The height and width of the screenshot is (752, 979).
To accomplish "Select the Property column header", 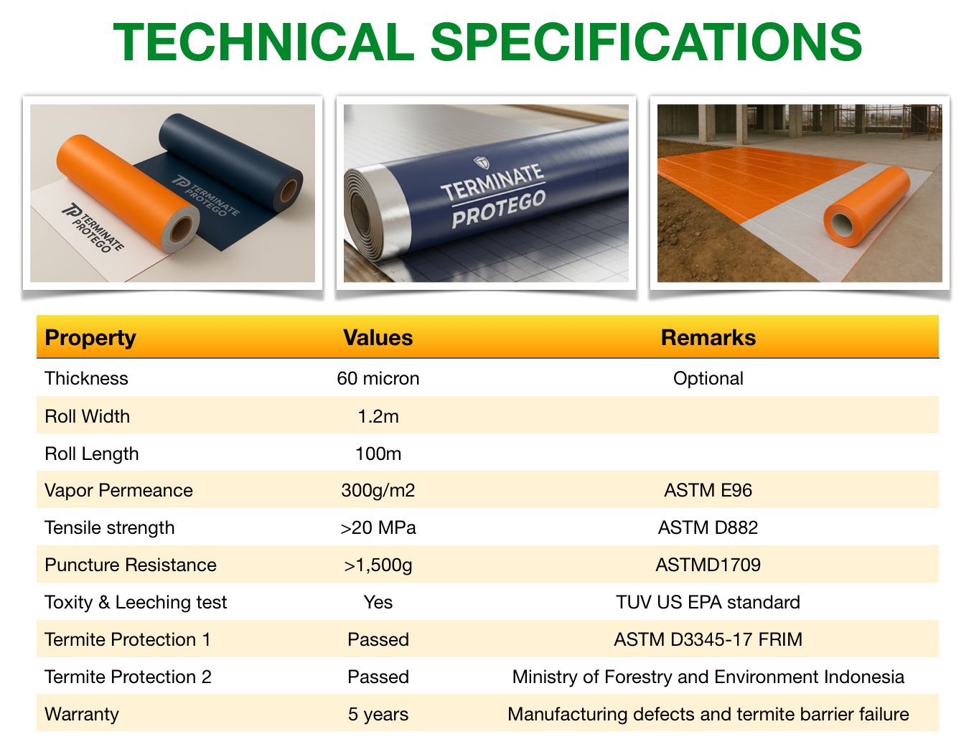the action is point(90,338).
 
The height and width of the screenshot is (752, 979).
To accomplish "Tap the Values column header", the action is point(378,338).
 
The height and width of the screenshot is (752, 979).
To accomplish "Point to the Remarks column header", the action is point(708,338).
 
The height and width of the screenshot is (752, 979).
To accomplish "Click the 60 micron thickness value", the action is point(378,379).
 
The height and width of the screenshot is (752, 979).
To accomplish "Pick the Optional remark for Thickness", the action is point(708,379).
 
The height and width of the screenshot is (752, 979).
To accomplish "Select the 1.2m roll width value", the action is point(378,416).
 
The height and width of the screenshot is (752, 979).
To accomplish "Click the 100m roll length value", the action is point(378,454).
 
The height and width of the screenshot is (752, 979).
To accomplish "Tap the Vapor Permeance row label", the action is point(118,490).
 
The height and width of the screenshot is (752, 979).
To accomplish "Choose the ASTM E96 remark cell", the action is point(708,490).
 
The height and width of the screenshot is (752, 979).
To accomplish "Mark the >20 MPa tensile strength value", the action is point(378,527).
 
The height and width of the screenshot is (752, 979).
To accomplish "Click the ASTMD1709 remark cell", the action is point(708,565).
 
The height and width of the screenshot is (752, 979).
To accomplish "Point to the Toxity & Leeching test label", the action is point(136,603).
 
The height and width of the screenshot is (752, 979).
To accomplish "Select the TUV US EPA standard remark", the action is point(708,603).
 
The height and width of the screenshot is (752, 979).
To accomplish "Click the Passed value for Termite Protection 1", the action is point(378,640).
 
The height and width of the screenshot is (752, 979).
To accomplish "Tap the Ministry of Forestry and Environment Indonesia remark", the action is point(708,677).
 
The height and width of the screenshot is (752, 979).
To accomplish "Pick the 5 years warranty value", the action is point(378,715).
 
